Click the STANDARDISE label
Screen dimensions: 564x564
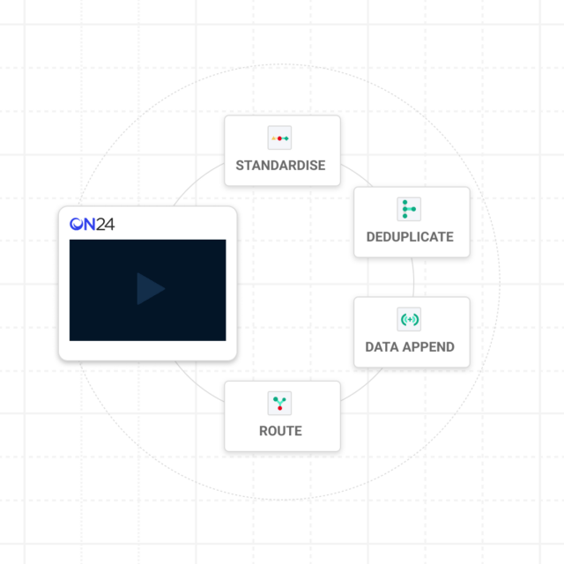point(280,166)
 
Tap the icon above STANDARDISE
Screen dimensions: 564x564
point(279,137)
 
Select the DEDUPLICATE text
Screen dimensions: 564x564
point(410,237)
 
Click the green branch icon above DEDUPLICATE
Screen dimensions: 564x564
point(409,209)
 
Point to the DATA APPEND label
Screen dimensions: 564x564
point(410,347)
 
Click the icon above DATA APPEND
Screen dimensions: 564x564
point(409,319)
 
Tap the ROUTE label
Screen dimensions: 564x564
point(280,431)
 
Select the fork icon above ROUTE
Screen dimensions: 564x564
point(279,404)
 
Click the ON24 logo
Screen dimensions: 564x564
point(92,224)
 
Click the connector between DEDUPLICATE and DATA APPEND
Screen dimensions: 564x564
point(413,278)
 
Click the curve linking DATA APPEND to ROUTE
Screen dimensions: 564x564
point(362,386)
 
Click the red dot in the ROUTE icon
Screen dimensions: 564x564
point(280,408)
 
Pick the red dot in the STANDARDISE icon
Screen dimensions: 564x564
point(279,138)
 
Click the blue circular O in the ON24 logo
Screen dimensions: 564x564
point(77,224)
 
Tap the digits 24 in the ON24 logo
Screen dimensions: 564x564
point(106,225)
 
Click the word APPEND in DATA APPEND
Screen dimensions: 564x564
point(428,347)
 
